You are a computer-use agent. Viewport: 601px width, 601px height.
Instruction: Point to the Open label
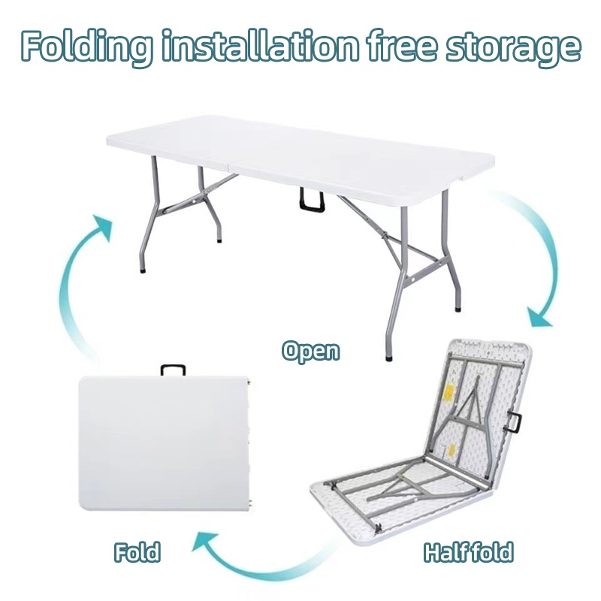pyautogui.click(x=310, y=350)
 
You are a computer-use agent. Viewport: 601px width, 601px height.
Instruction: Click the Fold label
pyautogui.click(x=137, y=552)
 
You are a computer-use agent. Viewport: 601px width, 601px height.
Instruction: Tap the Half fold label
pyautogui.click(x=468, y=552)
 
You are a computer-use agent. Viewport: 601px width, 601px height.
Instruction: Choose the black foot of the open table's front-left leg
pyautogui.click(x=140, y=267)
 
